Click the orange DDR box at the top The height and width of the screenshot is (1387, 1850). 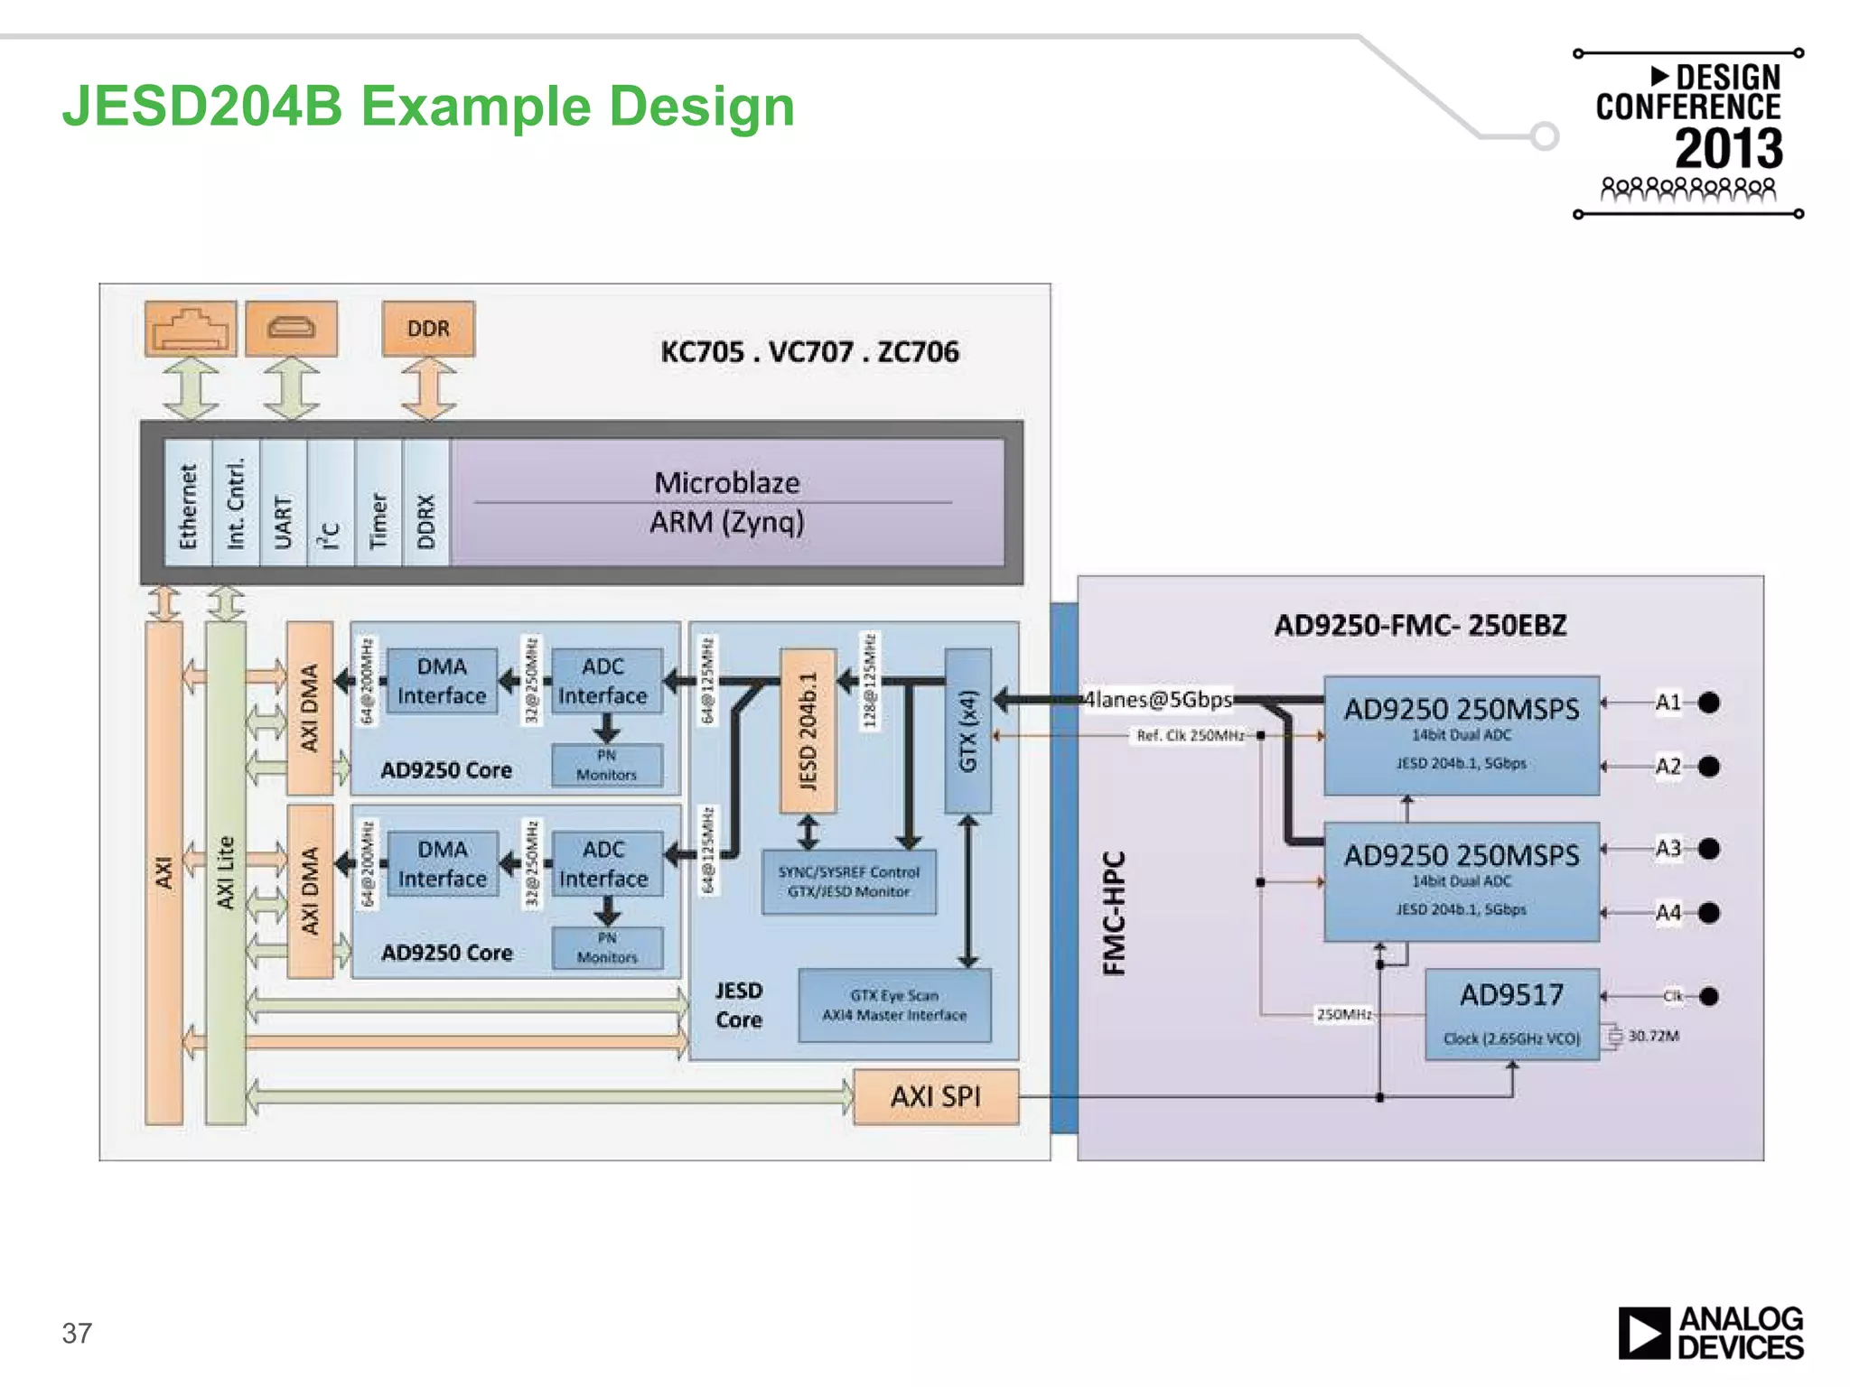pos(428,329)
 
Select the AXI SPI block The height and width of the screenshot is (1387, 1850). pos(936,1096)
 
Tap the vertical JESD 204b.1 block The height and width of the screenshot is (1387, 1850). pos(808,731)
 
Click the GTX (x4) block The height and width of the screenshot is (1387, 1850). pos(967,731)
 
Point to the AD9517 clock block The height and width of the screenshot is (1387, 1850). pos(1511,1013)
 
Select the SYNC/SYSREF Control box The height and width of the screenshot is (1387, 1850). pos(848,881)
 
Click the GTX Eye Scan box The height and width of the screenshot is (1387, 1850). pos(894,1005)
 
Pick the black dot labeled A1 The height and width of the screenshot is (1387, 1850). pos(1708,703)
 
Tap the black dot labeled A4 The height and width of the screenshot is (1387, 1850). pos(1708,913)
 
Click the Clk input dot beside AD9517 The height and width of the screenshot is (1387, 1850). pos(1708,996)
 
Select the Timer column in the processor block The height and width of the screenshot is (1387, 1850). pos(378,503)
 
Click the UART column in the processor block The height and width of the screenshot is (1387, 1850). pos(283,503)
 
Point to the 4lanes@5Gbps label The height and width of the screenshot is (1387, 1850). pos(1158,700)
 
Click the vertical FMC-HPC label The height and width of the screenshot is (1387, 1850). pos(1115,913)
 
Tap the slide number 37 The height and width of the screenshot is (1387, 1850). pos(77,1334)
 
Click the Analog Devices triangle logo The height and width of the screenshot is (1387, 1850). pos(1643,1333)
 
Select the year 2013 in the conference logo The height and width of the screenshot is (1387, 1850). pos(1728,149)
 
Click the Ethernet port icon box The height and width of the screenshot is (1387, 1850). pos(191,329)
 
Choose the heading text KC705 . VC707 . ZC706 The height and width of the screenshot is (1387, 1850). pos(809,351)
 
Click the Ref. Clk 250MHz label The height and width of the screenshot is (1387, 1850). pos(1190,736)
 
